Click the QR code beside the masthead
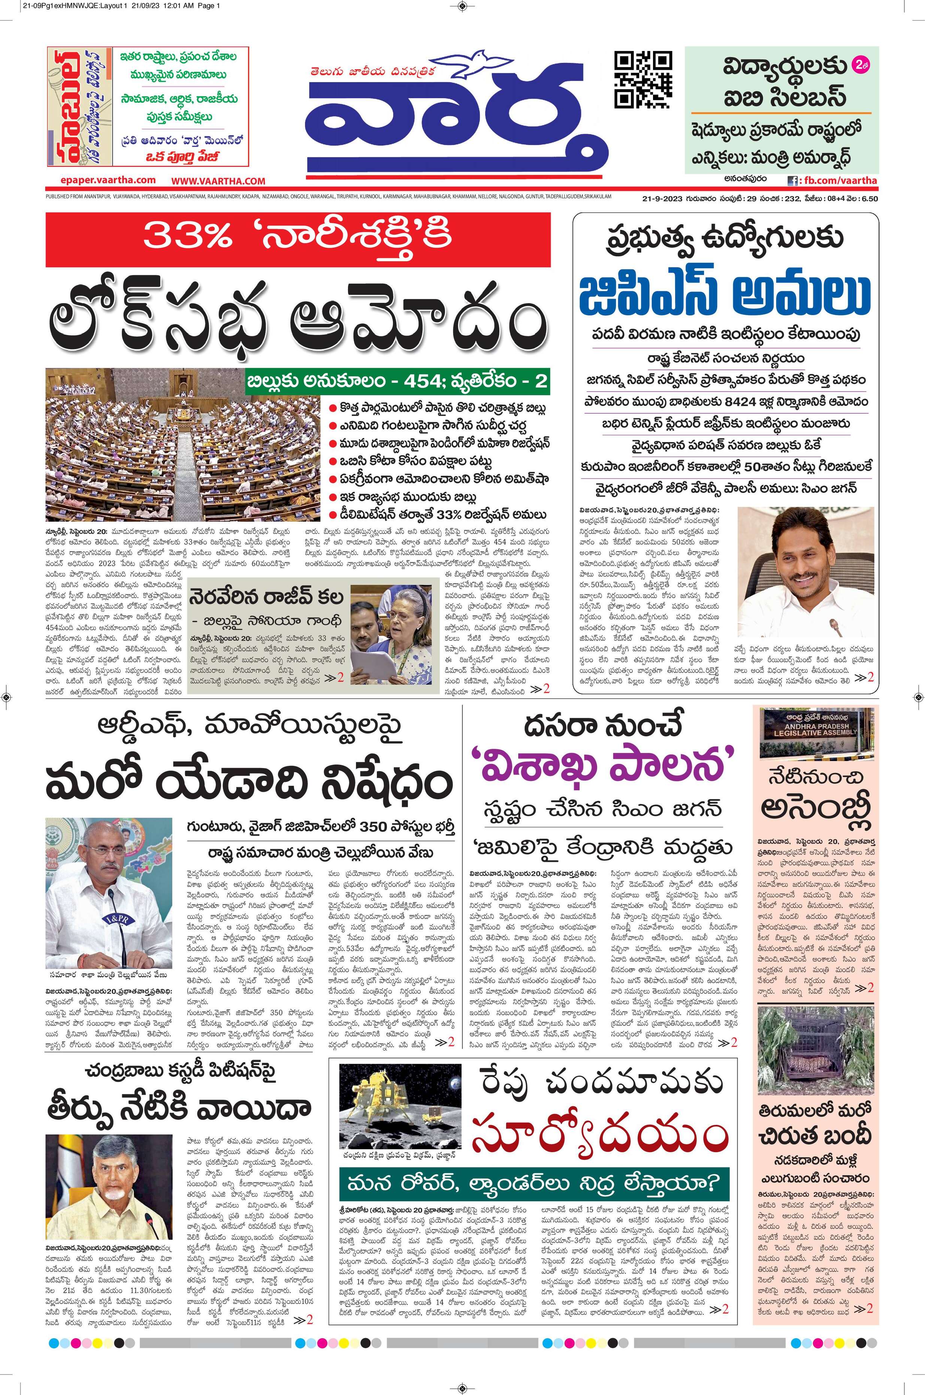tap(643, 80)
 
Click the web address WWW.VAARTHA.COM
tap(218, 181)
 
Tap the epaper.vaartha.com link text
tap(108, 180)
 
